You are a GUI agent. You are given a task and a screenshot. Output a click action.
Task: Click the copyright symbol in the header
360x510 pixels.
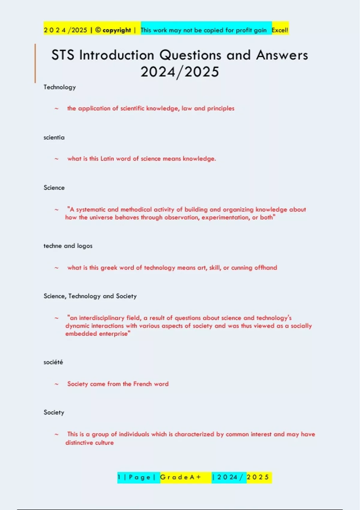[98, 30]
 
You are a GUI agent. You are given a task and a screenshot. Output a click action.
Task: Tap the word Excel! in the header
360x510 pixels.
[280, 30]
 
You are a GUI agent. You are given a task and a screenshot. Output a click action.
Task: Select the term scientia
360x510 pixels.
[54, 137]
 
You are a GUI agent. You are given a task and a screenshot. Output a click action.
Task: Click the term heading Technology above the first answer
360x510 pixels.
[60, 87]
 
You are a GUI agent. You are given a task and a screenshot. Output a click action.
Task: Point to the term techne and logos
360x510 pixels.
[68, 246]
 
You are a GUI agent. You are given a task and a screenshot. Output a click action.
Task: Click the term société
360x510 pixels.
[53, 362]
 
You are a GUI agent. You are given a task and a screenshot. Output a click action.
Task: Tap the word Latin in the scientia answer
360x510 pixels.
[107, 159]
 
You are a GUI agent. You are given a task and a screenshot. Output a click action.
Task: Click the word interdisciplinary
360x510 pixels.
[101, 318]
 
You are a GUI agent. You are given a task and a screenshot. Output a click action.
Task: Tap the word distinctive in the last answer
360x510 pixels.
[78, 443]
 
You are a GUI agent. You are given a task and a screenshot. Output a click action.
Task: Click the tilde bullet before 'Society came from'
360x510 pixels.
[56, 384]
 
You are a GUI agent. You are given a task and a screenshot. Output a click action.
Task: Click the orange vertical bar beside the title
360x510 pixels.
[35, 63]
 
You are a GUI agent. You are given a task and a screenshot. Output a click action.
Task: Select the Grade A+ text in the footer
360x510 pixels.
[180, 477]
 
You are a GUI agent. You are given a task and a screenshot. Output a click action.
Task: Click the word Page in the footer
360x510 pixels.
[139, 477]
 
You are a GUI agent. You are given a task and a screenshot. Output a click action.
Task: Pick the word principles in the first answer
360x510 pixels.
[220, 108]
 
